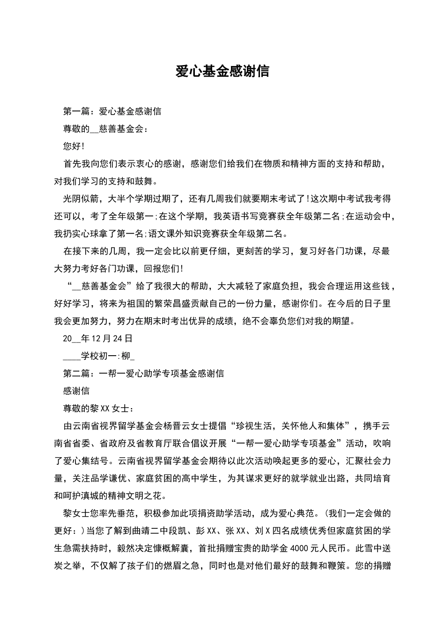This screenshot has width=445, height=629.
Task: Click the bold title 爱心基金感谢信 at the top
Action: coord(222,71)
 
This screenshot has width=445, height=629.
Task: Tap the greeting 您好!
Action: coord(74,146)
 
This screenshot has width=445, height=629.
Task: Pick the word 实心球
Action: coord(89,234)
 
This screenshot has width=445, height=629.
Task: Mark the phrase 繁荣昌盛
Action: coord(172,304)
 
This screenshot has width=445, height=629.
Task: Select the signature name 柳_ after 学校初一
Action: coord(128,356)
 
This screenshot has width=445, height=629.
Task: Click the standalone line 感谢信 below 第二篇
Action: coord(76,391)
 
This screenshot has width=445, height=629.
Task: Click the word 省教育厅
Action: coord(168,443)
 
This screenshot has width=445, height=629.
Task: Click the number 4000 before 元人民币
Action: coord(301,548)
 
